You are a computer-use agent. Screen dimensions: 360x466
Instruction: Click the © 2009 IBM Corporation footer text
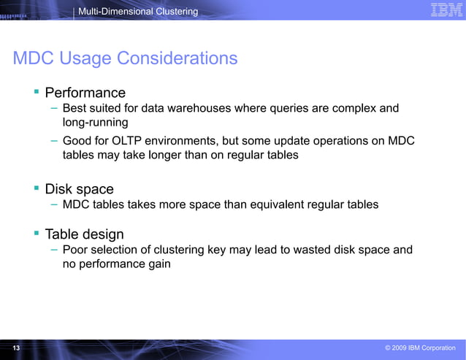(420, 348)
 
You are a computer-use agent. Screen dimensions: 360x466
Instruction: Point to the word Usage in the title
(84, 58)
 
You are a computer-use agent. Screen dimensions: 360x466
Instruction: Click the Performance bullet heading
(85, 93)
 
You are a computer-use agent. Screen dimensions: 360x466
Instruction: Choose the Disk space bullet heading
(79, 189)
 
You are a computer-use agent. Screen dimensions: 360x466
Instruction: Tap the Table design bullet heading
(84, 234)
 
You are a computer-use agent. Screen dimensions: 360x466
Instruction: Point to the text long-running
(95, 123)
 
